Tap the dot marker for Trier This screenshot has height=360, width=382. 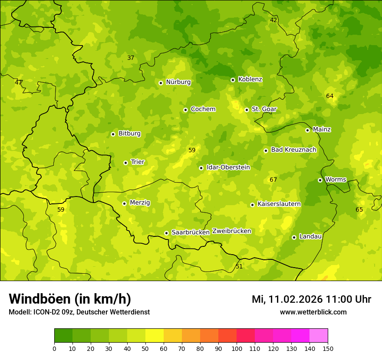pos(126,163)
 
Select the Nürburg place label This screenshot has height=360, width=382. pos(178,82)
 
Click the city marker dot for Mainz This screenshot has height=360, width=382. pos(307,130)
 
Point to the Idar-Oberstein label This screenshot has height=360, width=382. pos(228,167)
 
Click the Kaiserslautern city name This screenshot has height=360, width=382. pos(279,204)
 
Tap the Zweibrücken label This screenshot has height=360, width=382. pos(231,231)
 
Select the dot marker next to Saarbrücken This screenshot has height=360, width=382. pos(166,233)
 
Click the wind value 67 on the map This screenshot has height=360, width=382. pos(273,180)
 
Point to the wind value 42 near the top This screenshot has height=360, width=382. pos(273,20)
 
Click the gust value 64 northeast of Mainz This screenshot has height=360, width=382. pos(330,96)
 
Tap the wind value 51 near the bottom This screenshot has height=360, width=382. pos(239,266)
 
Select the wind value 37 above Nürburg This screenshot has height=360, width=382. pos(131,58)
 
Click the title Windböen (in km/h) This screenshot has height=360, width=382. pos(70,299)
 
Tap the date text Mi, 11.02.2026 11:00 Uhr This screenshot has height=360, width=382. pos(311,299)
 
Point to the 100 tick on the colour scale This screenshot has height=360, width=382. pos(237,348)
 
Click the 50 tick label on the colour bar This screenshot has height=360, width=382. pos(145,348)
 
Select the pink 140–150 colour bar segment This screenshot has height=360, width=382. pos(319,336)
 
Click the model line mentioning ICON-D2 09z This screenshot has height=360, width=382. pos(79,312)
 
